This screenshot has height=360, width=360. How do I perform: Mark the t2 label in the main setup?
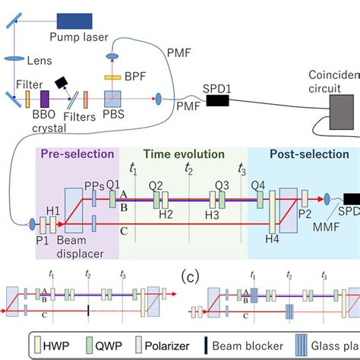188,169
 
